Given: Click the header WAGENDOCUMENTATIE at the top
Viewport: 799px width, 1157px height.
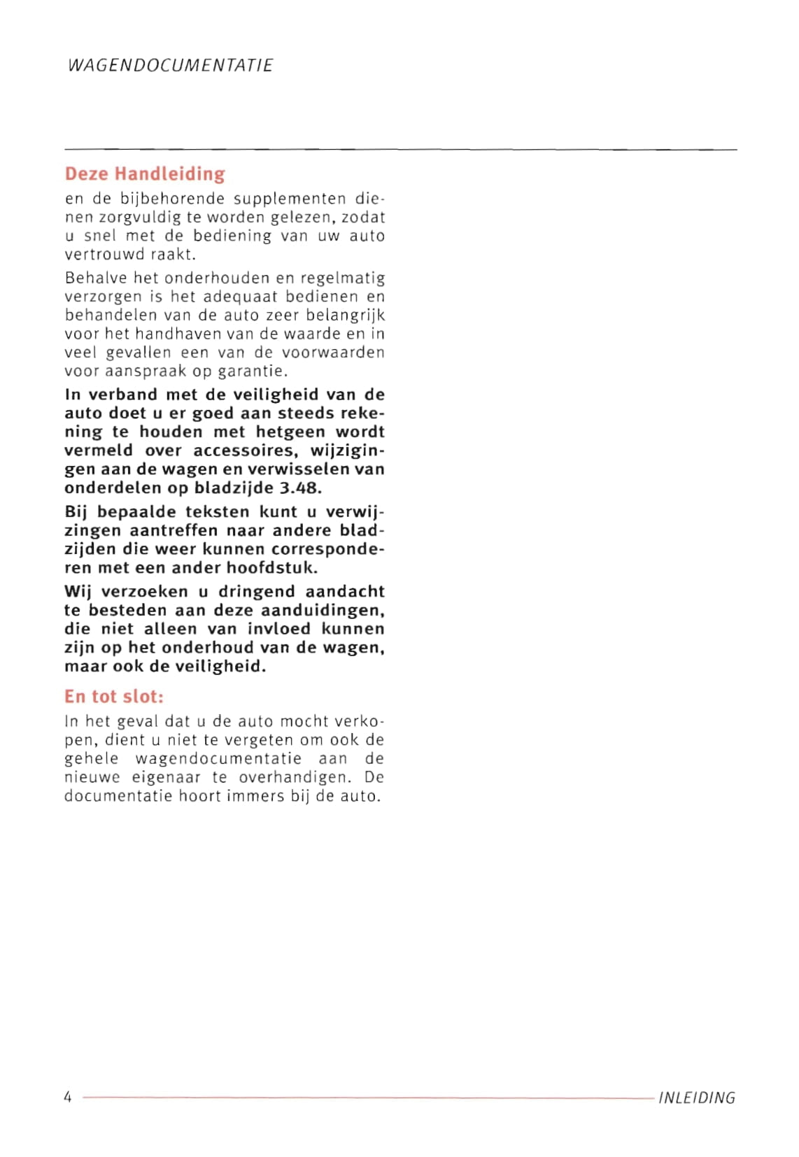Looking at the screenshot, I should coord(170,65).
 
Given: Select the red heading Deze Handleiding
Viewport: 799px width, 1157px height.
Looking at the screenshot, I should coord(145,173).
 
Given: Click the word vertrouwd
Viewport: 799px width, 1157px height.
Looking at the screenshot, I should coord(105,255).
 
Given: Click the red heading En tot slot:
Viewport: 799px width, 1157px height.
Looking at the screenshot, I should coord(114,697).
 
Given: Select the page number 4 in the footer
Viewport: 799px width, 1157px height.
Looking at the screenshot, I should coord(68,1097).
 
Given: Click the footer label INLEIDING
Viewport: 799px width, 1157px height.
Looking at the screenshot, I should coord(696,1098).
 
